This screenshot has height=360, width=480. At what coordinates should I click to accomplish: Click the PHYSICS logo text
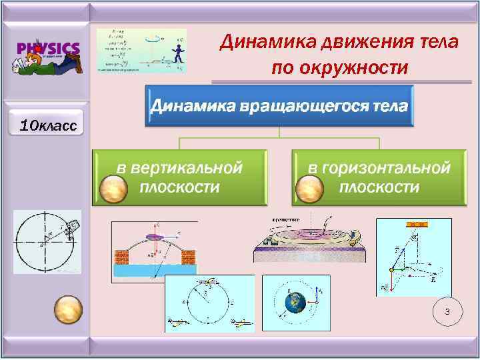coord(48,48)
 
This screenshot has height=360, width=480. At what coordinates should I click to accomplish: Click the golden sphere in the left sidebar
coord(67,310)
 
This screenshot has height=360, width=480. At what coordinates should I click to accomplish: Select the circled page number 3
coord(447,312)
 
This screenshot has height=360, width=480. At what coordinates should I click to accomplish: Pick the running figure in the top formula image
coord(177,53)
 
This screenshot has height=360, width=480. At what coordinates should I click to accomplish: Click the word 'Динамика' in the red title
coord(269,43)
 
